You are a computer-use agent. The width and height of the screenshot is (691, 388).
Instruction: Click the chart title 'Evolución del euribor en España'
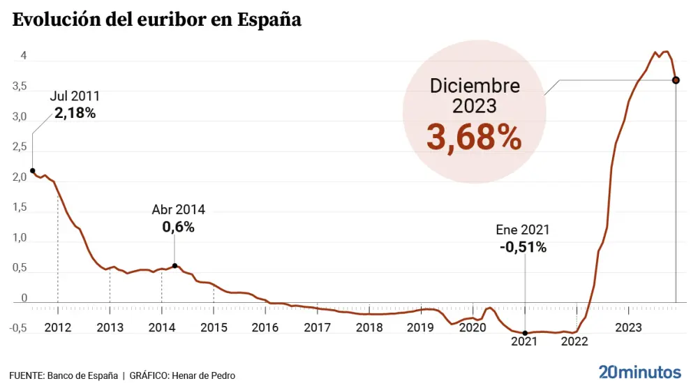coord(156,20)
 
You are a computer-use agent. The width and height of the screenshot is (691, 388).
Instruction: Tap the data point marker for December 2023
coord(676,80)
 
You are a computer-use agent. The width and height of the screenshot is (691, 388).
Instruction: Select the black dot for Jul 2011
coord(32,170)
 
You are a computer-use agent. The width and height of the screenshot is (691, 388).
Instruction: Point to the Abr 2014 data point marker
coord(174,266)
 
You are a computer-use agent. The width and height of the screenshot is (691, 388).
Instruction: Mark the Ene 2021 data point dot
coord(525,333)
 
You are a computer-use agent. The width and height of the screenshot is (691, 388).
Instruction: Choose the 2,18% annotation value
coord(75,112)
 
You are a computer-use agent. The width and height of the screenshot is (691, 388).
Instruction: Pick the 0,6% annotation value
coord(178,227)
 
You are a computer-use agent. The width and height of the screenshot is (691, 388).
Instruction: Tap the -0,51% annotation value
coord(523,246)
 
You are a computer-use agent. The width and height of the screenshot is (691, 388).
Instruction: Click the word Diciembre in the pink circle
coord(475,86)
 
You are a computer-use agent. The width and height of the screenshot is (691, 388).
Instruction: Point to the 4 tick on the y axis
coord(24,56)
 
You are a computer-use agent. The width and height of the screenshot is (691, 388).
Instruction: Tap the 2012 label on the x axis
coord(58,327)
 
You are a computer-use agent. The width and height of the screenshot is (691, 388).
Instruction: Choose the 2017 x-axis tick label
coord(318,327)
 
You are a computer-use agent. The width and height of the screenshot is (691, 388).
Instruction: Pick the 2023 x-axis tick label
coord(629,327)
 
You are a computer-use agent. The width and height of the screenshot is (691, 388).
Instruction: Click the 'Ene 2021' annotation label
coord(523,230)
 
